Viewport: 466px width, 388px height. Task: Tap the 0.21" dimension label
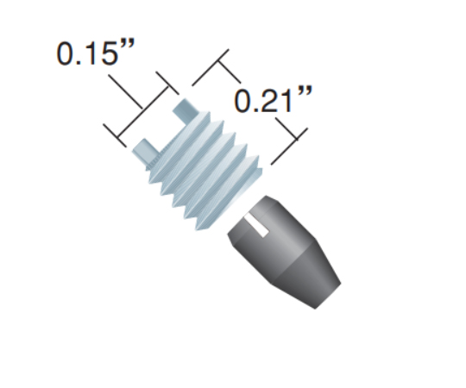pyautogui.click(x=274, y=99)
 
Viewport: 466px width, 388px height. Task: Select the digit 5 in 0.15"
pyautogui.click(x=109, y=53)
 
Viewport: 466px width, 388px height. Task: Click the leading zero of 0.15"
pyautogui.click(x=65, y=53)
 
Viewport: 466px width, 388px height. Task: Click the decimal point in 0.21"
pyautogui.click(x=255, y=110)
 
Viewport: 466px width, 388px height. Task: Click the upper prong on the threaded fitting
pyautogui.click(x=186, y=110)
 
